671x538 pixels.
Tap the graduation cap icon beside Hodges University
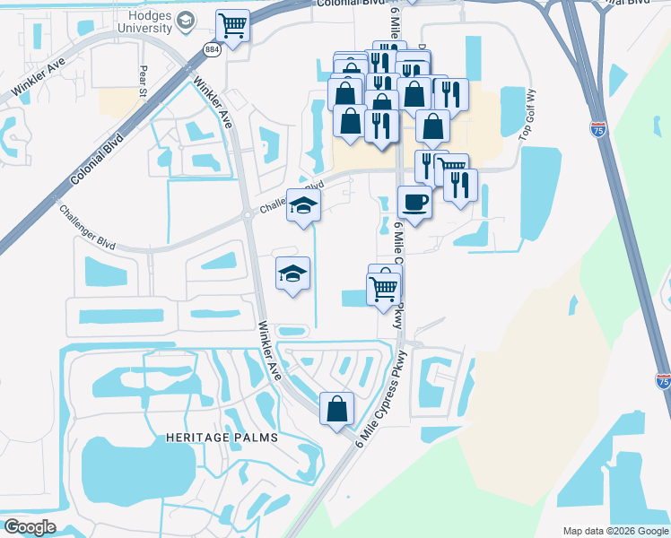click(186, 21)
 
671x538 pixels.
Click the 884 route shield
click(212, 49)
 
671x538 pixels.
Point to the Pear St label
click(142, 80)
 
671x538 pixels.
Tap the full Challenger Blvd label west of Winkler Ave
click(88, 229)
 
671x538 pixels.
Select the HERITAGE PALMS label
click(222, 437)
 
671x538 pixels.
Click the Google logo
click(29, 526)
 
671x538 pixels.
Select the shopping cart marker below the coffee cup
click(384, 289)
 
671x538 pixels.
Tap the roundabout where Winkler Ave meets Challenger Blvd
click(246, 215)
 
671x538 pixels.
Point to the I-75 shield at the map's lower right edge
click(663, 380)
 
